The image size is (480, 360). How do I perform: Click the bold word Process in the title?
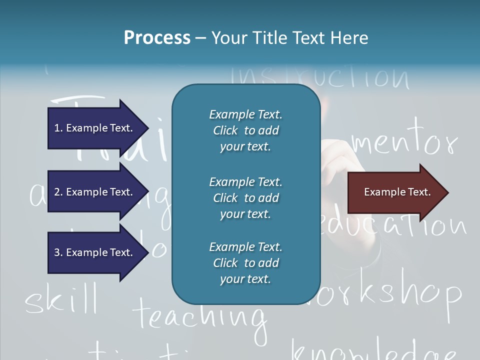coord(157,38)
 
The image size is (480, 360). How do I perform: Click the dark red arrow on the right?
coord(395,192)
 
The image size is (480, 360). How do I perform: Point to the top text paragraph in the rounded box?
coord(245,130)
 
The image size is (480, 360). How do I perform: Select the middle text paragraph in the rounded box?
coord(245,198)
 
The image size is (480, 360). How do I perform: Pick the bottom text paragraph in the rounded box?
coord(245,263)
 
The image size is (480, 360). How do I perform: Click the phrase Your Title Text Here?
coord(289,38)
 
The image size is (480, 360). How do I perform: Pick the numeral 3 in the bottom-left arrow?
coord(57,252)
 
